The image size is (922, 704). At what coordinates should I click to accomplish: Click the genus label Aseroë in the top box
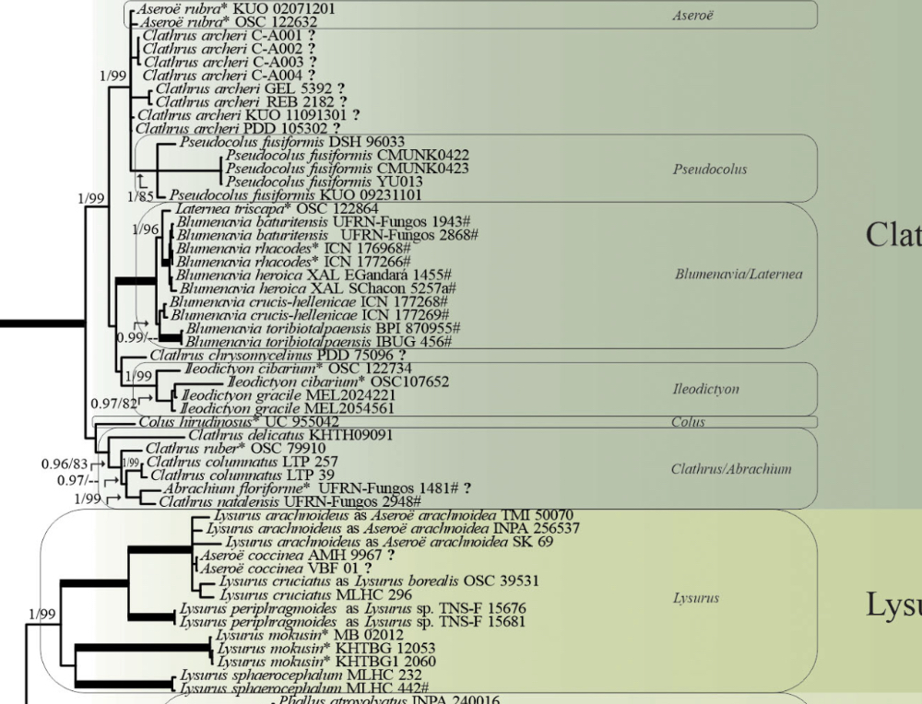click(693, 16)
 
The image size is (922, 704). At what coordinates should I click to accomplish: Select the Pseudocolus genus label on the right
click(710, 170)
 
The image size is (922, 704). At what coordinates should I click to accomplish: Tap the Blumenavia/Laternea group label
click(739, 274)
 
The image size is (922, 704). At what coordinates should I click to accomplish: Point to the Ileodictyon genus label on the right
click(706, 389)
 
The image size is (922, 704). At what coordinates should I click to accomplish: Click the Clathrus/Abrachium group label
click(731, 469)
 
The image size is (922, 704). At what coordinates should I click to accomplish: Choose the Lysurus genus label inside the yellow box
click(696, 598)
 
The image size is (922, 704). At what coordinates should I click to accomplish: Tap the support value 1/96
click(146, 229)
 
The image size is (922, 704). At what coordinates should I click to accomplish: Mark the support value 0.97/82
click(113, 403)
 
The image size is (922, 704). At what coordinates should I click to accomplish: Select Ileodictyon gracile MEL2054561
click(288, 407)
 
